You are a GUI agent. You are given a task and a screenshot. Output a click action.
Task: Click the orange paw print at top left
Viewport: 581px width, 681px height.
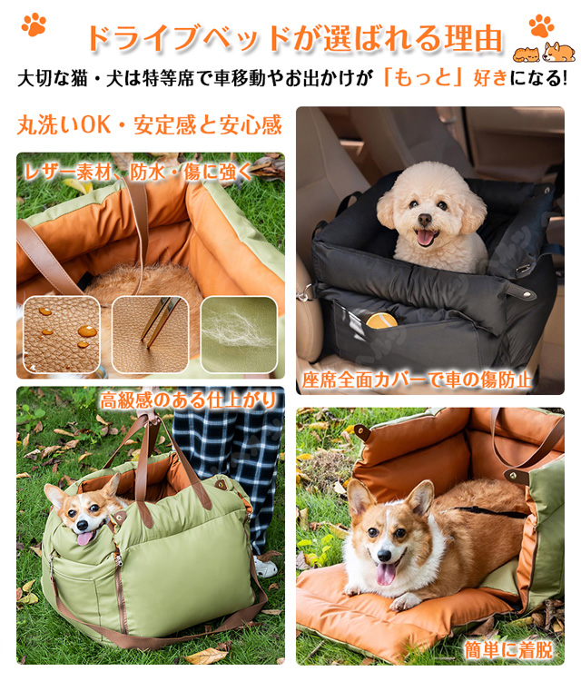34,25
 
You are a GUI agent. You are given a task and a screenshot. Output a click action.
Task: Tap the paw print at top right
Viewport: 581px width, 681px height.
541,26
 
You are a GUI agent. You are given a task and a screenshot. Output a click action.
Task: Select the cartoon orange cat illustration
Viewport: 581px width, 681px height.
527,54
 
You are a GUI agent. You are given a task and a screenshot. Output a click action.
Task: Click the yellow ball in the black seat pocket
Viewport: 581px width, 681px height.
381,321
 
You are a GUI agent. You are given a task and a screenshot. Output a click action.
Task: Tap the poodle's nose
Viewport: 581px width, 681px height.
424,220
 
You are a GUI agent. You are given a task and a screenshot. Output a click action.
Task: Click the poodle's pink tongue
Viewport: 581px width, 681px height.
426,238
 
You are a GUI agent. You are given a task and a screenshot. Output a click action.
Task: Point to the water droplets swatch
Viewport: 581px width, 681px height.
61,334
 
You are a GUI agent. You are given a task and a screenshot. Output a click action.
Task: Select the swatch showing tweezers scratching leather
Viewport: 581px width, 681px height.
151,334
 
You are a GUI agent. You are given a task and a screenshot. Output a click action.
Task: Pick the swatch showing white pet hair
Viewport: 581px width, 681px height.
239,334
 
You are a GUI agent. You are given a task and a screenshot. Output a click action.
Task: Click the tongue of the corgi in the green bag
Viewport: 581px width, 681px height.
85,538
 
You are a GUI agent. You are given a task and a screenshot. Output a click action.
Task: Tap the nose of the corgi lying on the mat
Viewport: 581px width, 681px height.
384,555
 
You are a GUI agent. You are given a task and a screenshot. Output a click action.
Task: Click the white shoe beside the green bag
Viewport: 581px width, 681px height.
265,567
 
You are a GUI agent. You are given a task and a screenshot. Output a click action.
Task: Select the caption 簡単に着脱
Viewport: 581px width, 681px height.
508,650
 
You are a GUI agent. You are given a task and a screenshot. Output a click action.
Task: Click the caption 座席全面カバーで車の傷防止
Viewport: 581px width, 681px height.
417,380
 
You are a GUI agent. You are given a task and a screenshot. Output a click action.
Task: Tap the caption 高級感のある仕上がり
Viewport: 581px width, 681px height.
188,400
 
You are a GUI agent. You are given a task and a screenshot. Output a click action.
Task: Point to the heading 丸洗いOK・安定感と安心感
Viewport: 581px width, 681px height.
150,124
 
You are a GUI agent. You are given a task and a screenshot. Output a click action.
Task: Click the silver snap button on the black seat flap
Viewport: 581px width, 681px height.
527,294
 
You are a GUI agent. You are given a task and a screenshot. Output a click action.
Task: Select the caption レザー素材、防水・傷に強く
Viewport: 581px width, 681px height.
138,173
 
